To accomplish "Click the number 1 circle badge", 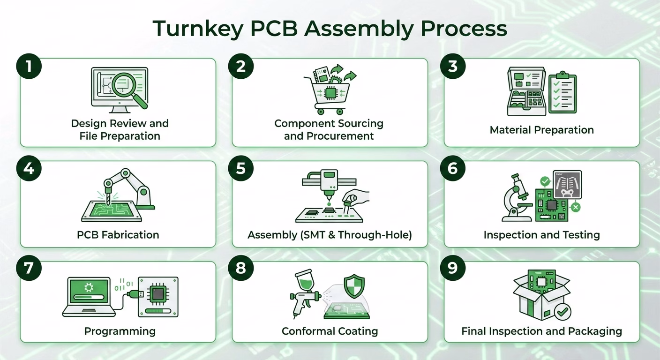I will coord(29,66).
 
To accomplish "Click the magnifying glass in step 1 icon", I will coord(127,87).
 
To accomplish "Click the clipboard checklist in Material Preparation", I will coord(562,92).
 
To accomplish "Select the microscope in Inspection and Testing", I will coord(516,197).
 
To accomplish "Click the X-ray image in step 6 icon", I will coord(568,184).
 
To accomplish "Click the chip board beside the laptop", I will coord(158,296).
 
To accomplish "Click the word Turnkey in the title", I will coord(197,29).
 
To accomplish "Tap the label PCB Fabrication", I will coord(118,235).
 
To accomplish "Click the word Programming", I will coord(120,331).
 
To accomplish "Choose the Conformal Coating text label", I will coord(330,331).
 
